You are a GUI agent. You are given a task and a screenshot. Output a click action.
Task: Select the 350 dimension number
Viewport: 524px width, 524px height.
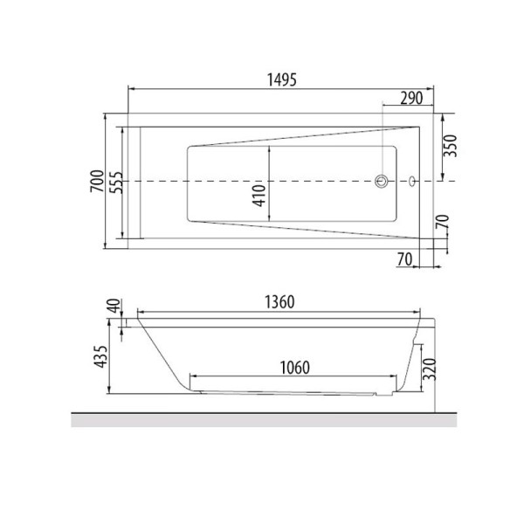pos(449,145)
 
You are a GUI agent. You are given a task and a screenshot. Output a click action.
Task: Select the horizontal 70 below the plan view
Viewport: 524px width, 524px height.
pos(403,259)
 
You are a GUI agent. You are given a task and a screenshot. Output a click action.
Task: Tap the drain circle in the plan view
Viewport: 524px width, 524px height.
pos(382,182)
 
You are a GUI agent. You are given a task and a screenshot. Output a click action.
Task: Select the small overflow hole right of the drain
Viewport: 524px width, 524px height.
pos(410,183)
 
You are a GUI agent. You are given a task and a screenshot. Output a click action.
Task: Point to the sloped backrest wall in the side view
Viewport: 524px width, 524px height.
pos(161,354)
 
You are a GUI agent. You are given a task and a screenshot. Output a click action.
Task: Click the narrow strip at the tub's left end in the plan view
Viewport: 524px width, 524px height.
pos(134,181)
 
